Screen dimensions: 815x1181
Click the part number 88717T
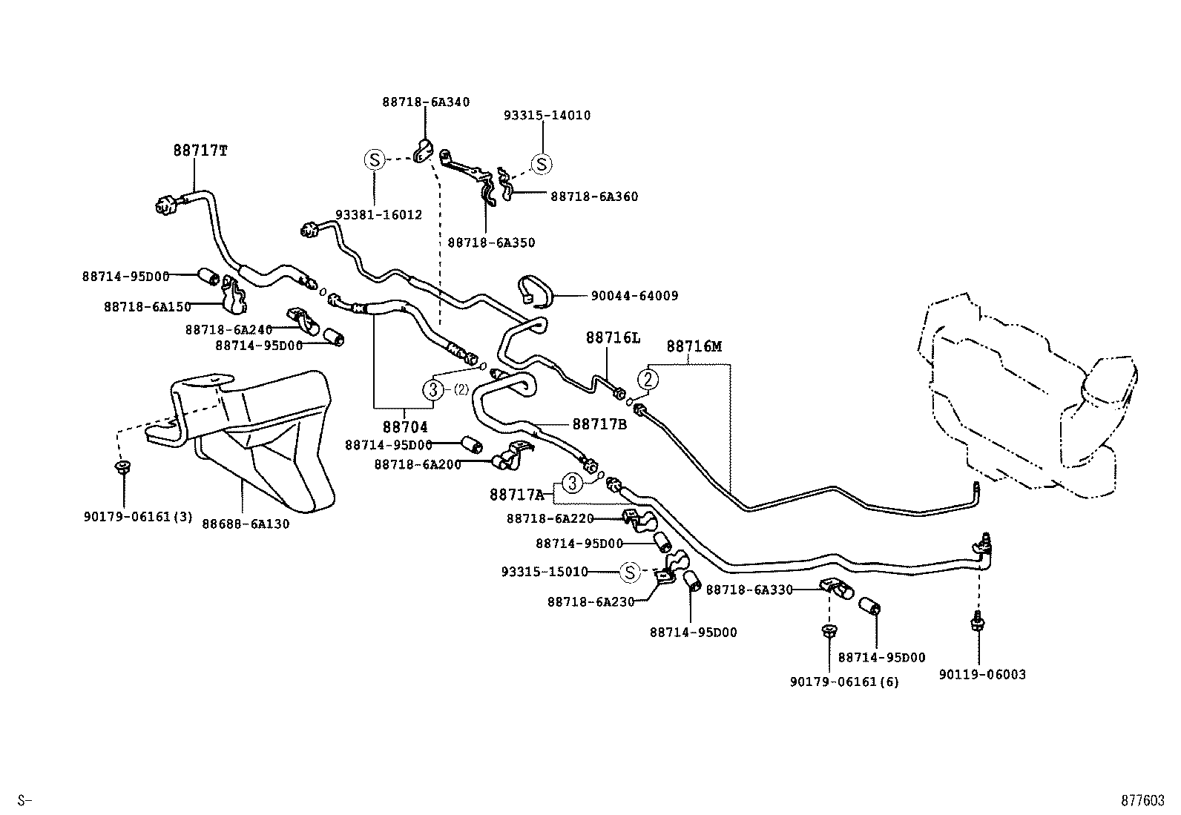[x=200, y=151]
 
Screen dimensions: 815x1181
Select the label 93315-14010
[x=547, y=116]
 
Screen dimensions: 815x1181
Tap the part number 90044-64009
[x=634, y=296]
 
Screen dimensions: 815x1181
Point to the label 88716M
[x=694, y=346]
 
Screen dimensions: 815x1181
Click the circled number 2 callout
[x=648, y=380]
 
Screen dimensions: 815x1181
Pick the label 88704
[x=406, y=428]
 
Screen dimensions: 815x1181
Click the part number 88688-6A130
[x=246, y=524]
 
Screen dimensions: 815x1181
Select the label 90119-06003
[x=982, y=675]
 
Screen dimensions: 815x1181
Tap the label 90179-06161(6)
[x=844, y=682]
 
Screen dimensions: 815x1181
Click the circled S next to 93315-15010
[x=629, y=572]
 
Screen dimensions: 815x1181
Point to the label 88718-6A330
[x=749, y=590]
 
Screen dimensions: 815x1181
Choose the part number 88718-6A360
[x=594, y=197]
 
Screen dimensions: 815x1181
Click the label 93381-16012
[x=378, y=215]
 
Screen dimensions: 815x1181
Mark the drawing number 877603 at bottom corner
[x=1142, y=801]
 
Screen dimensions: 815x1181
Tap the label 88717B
[x=599, y=424]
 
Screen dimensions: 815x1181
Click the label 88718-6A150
[x=148, y=307]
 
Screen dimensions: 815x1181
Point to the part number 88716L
[x=613, y=338]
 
